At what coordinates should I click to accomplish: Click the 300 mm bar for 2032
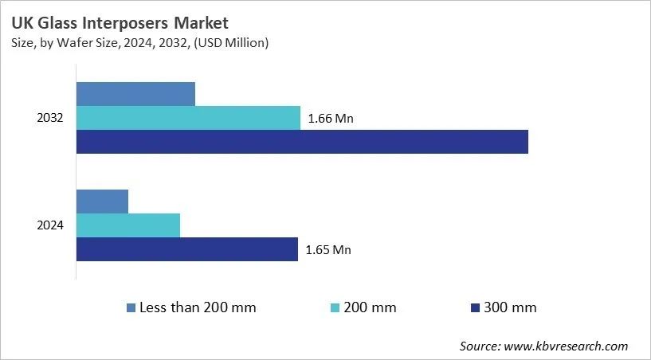tap(302, 142)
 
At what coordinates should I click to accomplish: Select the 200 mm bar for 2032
tap(188, 118)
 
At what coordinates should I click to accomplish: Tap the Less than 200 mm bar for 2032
tap(135, 94)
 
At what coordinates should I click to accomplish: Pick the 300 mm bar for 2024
tap(187, 249)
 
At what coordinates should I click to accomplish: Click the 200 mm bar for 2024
tap(128, 225)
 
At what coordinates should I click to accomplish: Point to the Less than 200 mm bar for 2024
tap(102, 202)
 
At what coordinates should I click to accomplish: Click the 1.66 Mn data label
tap(330, 119)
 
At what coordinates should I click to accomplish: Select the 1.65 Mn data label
tap(327, 250)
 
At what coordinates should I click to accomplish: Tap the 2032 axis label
tap(50, 118)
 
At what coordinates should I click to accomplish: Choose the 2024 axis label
tap(50, 225)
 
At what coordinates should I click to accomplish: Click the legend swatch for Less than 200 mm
tap(131, 307)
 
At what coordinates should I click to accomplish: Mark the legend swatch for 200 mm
tap(335, 307)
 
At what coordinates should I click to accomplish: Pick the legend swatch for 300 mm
tap(475, 307)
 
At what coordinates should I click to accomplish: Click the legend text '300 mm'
tap(510, 307)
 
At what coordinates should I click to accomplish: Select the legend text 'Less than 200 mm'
tap(198, 307)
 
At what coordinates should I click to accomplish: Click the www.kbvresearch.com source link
tap(567, 346)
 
